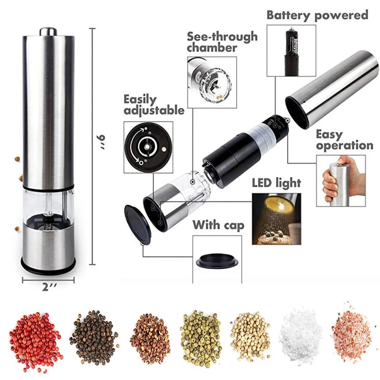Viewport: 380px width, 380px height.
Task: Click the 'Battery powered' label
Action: (x=317, y=15)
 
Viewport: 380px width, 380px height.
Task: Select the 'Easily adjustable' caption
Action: (x=153, y=105)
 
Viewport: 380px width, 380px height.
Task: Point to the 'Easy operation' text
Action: (x=344, y=140)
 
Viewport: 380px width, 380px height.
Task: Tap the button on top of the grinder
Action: (x=48, y=31)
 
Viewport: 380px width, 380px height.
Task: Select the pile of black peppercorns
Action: (x=94, y=338)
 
